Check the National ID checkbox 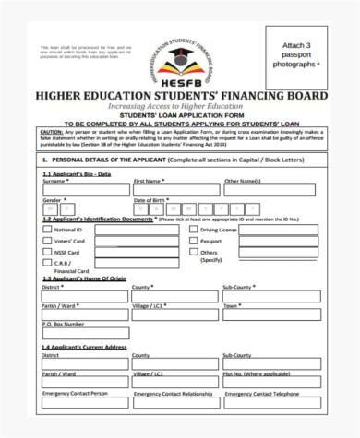(x=47, y=230)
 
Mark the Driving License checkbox (x=193, y=230)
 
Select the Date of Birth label (x=152, y=200)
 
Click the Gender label (x=53, y=200)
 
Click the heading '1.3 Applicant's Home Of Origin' (x=83, y=278)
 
